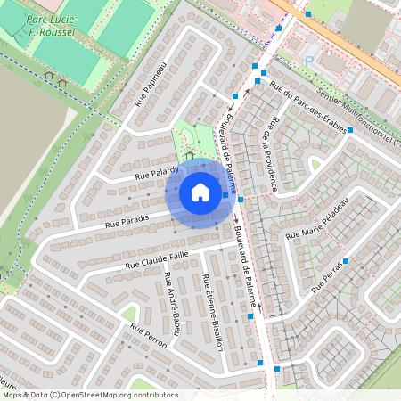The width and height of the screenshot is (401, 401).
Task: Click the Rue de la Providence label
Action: tap(270, 156)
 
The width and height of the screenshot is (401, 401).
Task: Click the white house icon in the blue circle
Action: tap(200, 192)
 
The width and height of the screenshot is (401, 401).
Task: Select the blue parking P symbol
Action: tap(310, 61)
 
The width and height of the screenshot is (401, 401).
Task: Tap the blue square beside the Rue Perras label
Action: tap(346, 261)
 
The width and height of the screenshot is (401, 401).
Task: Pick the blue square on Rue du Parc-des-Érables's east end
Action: tap(350, 130)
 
